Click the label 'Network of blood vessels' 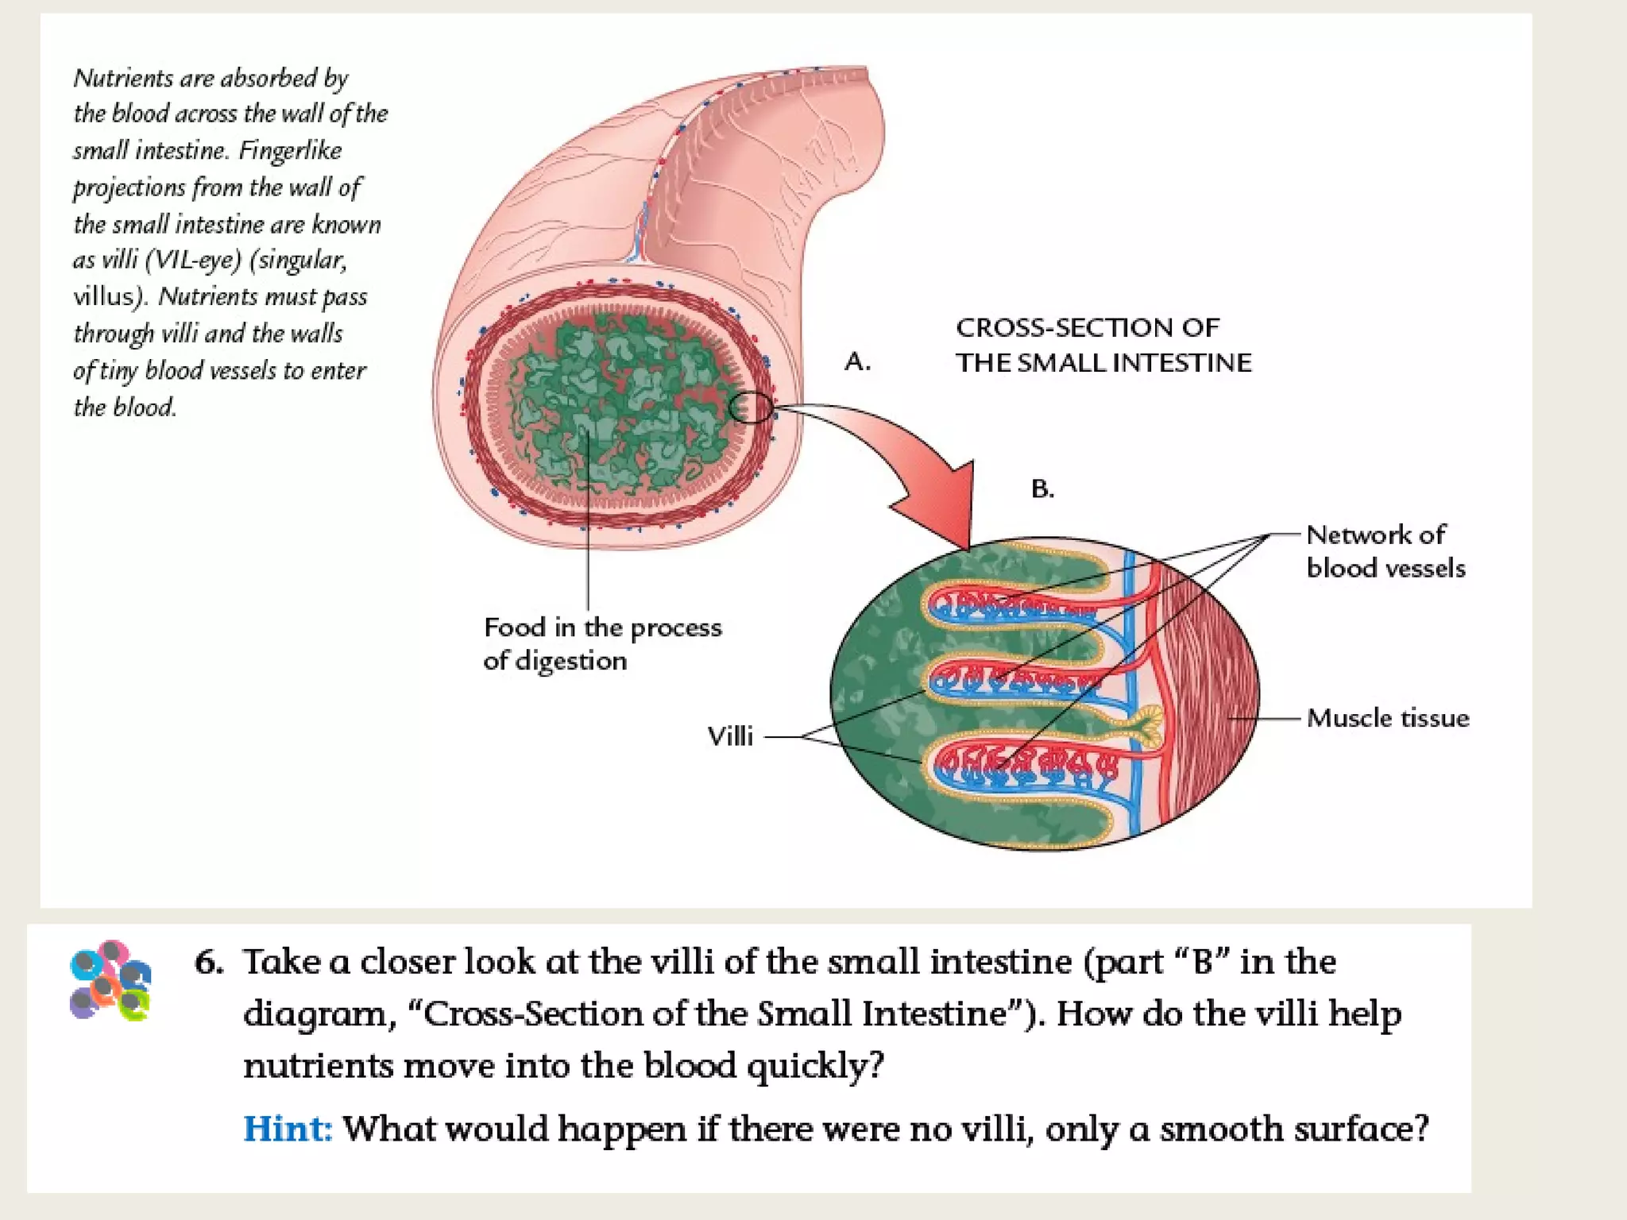(x=1385, y=551)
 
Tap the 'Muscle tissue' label (x=1388, y=718)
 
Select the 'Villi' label (x=730, y=736)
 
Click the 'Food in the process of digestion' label (x=602, y=644)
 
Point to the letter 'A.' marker (x=857, y=362)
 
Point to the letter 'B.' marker (x=1042, y=488)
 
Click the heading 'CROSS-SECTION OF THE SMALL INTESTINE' (x=1103, y=345)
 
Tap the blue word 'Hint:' (x=287, y=1128)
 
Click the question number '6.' (x=209, y=962)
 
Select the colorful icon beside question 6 (x=110, y=980)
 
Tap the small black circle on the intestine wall (x=750, y=407)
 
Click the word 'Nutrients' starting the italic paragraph (x=122, y=78)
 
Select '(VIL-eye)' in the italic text (x=192, y=261)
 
